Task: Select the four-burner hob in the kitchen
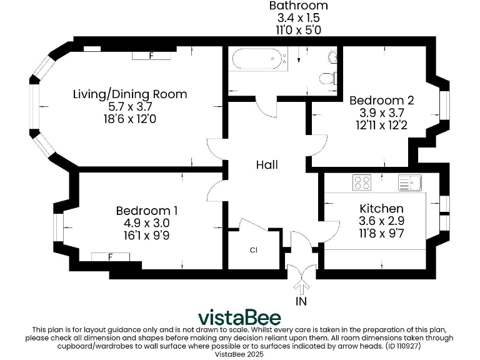362,182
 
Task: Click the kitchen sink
411,182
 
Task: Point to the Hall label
267,165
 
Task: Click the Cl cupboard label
253,250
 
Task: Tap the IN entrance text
302,302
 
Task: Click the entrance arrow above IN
302,287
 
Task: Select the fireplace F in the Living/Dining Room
151,56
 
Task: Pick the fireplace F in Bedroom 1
111,256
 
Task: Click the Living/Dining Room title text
130,94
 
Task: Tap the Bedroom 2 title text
381,100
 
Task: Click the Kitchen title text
381,208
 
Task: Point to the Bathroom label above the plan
298,6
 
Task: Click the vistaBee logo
240,317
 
